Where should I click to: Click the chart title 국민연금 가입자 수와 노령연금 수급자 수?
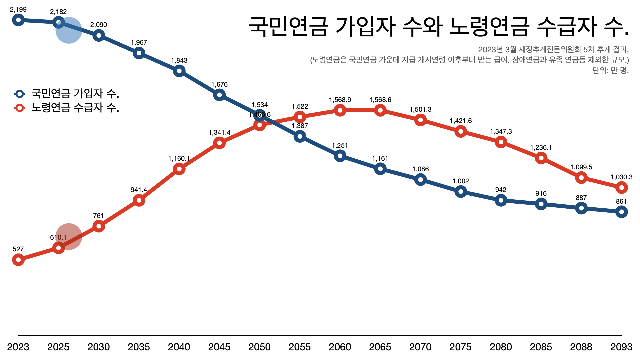438,26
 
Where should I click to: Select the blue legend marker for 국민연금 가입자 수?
20,94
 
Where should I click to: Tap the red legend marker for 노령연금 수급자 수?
20,108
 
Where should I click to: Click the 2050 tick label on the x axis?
259,347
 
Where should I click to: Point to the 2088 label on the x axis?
581,347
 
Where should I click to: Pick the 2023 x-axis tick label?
18,347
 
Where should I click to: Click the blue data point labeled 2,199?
18,20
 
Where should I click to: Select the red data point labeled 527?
18,260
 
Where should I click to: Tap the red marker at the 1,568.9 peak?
340,110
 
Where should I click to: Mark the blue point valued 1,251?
340,156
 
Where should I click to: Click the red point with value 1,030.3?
621,188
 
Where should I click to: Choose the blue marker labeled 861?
621,212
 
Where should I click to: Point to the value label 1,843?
179,60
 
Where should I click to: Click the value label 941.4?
139,190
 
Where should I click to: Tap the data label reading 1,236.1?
541,147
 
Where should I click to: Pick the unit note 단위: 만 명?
610,70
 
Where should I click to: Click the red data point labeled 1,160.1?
179,169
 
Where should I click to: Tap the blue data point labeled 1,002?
461,191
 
